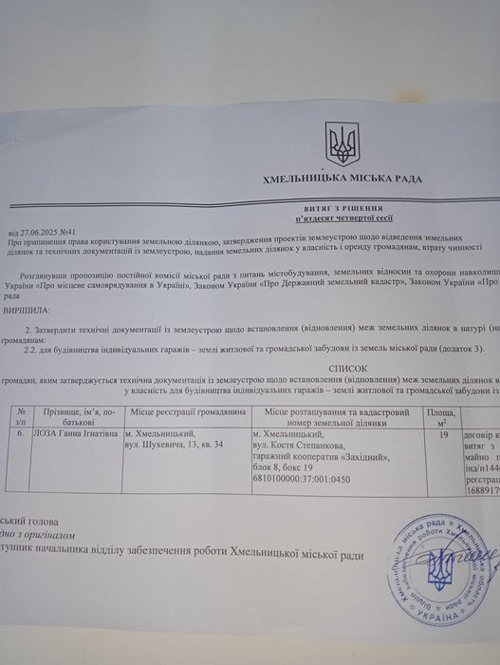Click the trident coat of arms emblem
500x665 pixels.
(341, 145)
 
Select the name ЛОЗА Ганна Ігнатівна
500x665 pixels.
(76, 433)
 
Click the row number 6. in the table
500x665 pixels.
(21, 433)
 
